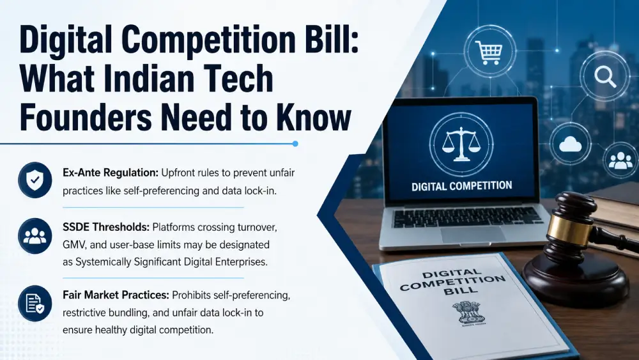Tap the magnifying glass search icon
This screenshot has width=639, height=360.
(x=605, y=76)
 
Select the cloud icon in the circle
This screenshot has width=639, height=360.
(x=570, y=144)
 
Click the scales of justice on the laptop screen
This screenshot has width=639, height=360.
(x=461, y=143)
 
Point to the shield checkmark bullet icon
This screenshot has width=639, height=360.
(x=35, y=180)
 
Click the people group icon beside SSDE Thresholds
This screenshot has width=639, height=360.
(x=35, y=236)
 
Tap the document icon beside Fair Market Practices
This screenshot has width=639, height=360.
(x=35, y=303)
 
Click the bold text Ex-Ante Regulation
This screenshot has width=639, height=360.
(x=111, y=173)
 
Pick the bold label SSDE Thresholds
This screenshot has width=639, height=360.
(x=106, y=227)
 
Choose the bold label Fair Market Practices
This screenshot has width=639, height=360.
(x=116, y=295)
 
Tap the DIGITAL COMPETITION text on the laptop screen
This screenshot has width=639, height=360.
(x=462, y=186)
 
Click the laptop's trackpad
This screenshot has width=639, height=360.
(x=473, y=235)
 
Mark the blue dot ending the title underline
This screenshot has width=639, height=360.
(x=295, y=143)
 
